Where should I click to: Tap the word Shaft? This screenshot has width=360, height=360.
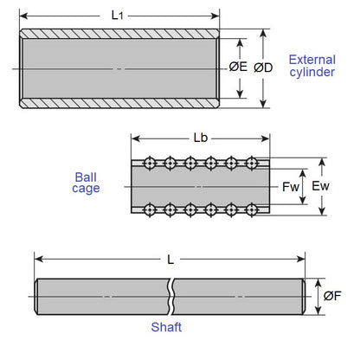[x=165, y=328]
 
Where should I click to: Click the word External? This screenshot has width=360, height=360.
[x=312, y=59]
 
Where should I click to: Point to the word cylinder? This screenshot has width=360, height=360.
[x=312, y=73]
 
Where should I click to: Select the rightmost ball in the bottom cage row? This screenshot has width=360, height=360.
[x=252, y=209]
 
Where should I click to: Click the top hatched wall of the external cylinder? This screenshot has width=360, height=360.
[x=119, y=34]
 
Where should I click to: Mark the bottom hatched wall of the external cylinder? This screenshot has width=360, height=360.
[x=119, y=103]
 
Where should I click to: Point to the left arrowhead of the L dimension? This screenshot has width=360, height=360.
[x=38, y=259]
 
